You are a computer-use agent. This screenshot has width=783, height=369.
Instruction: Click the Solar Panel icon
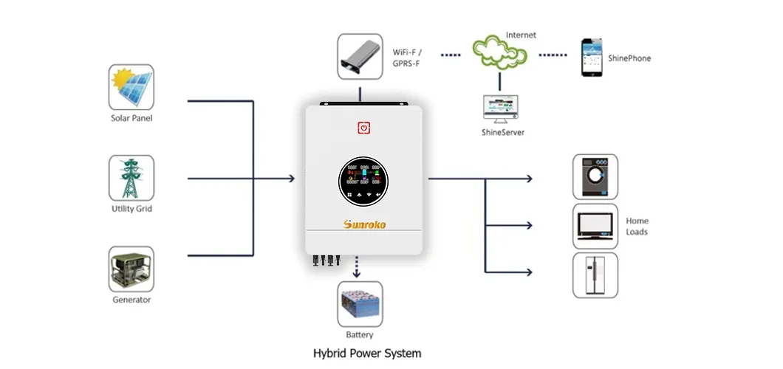(x=131, y=87)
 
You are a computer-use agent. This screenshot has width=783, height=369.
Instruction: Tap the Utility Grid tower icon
(x=131, y=177)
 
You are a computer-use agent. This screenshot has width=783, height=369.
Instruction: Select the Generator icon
(x=131, y=269)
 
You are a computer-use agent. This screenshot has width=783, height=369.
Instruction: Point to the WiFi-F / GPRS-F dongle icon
(x=360, y=56)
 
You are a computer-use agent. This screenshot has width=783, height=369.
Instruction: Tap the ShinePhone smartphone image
(x=590, y=57)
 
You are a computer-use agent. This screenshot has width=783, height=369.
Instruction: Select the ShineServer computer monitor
(x=500, y=108)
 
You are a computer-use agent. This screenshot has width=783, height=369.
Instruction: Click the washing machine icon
(x=595, y=176)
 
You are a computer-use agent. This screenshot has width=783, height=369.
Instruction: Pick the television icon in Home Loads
(x=595, y=226)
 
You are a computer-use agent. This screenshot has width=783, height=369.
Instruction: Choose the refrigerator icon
(x=595, y=275)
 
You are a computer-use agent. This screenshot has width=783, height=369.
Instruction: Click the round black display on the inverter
(x=363, y=181)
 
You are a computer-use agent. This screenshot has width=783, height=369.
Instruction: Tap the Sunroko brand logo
(x=364, y=224)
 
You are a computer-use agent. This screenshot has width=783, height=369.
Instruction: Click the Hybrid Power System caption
(x=366, y=353)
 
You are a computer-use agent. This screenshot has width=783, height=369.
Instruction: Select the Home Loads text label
(x=637, y=226)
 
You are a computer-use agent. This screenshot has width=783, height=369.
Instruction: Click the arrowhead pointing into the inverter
(x=292, y=179)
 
